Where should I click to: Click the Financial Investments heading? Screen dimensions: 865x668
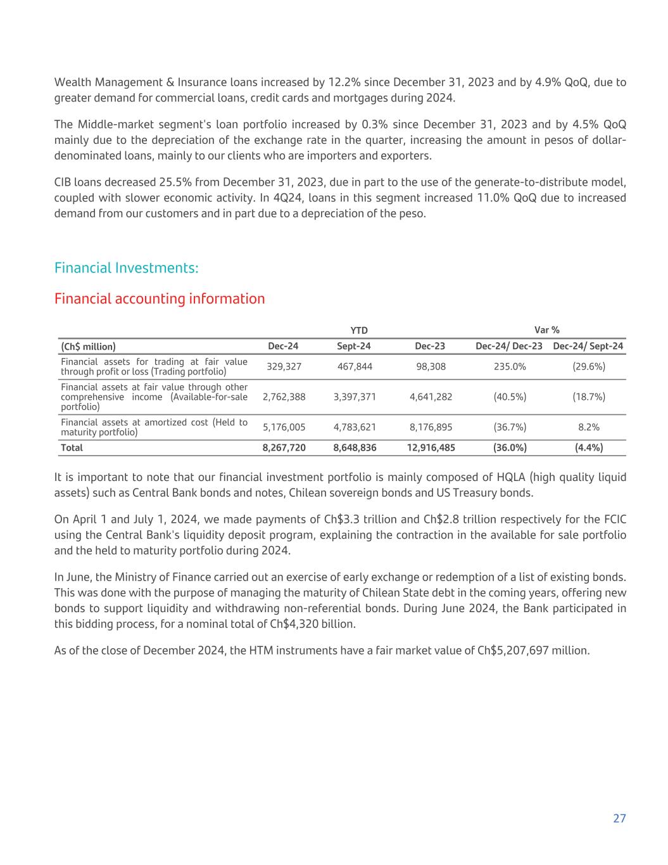(x=127, y=268)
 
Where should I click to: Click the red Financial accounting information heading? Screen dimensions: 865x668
(x=160, y=298)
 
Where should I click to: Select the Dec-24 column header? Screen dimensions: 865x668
(x=283, y=346)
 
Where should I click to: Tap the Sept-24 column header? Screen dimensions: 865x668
(x=354, y=346)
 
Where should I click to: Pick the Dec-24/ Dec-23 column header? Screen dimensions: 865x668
(x=509, y=346)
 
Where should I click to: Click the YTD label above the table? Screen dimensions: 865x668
(x=360, y=330)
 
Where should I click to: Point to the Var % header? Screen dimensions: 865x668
(x=547, y=330)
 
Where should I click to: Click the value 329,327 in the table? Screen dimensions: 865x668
(x=284, y=366)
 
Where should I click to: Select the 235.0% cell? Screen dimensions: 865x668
(x=510, y=366)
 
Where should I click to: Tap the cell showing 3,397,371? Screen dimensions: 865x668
(x=355, y=397)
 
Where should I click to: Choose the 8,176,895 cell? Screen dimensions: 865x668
(x=431, y=427)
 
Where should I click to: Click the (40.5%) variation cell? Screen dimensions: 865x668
(x=510, y=397)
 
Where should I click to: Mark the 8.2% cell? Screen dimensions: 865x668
(x=589, y=427)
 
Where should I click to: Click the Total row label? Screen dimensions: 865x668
(x=72, y=447)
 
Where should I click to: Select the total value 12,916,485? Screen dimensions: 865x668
(x=431, y=447)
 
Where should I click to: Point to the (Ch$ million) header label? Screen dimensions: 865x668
(x=88, y=346)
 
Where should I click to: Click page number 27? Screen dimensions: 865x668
(x=619, y=818)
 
